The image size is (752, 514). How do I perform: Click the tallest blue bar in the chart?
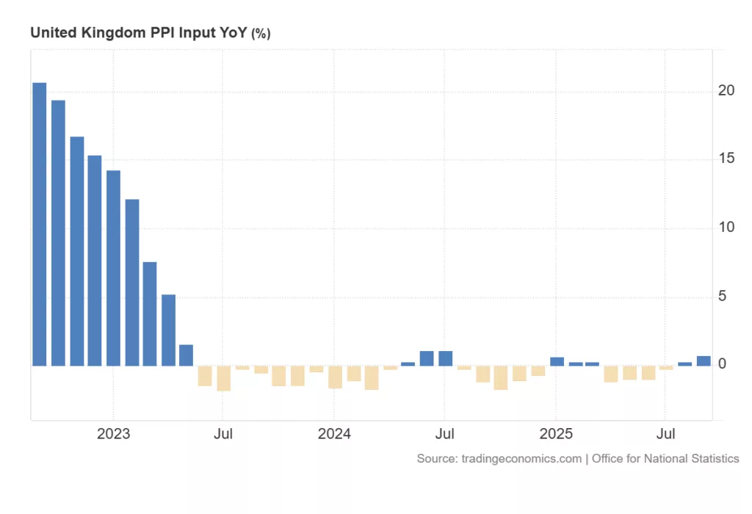tap(40, 224)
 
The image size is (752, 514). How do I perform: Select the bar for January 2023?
tap(113, 268)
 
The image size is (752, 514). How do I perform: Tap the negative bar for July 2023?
tap(223, 378)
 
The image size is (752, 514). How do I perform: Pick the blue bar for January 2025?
tap(557, 361)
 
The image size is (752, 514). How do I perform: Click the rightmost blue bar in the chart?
tap(704, 361)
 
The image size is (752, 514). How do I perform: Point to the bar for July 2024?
tap(445, 358)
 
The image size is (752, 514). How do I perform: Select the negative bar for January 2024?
tap(335, 377)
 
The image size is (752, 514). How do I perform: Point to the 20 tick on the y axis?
tap(726, 90)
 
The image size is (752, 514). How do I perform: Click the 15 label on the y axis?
tap(726, 159)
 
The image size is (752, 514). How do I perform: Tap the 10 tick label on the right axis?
tap(726, 228)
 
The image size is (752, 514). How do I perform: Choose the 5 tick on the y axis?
tap(723, 296)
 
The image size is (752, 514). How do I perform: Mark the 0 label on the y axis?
tap(723, 364)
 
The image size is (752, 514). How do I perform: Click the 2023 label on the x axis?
tap(113, 434)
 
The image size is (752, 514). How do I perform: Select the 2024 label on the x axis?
tap(334, 434)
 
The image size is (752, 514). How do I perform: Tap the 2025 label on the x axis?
tap(556, 434)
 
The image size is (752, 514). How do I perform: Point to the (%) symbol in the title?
tap(261, 34)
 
